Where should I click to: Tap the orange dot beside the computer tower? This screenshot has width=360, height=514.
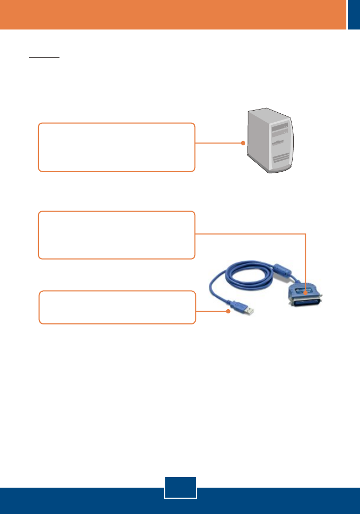pos(243,143)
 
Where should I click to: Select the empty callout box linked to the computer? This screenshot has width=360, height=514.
pos(116,147)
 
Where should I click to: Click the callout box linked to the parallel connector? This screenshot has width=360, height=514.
pos(116,235)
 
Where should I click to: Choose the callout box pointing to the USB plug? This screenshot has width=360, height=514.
pos(117,307)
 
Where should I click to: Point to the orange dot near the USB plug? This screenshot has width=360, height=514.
pos(229,311)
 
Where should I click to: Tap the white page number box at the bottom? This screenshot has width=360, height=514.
pos(180,487)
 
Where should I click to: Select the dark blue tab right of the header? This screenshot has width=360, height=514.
pos(354,14)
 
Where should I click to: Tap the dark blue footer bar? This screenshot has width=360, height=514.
pos(79,500)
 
